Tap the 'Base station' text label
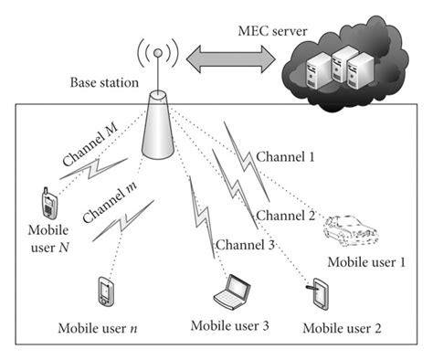(104, 83)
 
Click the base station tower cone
(160, 127)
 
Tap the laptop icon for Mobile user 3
(230, 294)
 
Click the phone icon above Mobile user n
(102, 292)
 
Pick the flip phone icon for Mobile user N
(46, 200)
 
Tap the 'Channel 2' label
(284, 216)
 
